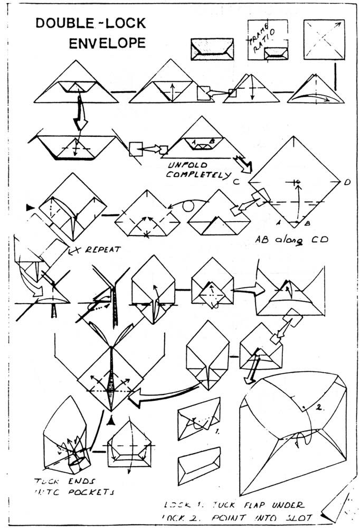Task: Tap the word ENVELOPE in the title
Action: click(107, 43)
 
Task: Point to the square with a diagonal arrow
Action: click(324, 40)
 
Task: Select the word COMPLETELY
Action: click(198, 175)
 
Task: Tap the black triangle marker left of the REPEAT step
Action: click(30, 208)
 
